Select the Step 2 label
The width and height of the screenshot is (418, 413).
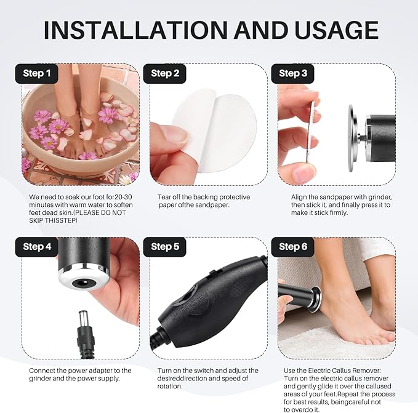pos(165,73)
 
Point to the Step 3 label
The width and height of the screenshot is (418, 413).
pos(293,73)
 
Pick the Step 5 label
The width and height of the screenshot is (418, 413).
pos(165,247)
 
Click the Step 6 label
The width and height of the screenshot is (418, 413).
pos(293,247)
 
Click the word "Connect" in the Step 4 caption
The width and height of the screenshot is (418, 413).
pos(44,371)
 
